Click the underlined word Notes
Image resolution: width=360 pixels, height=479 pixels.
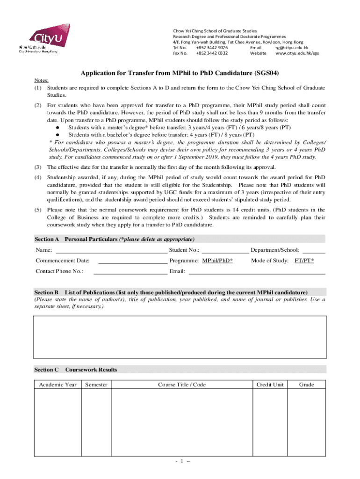click(41, 80)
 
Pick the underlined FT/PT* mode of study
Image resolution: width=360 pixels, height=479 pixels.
click(304, 261)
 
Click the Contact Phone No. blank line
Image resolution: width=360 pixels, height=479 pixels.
click(130, 271)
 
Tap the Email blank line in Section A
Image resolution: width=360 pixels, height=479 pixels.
click(257, 271)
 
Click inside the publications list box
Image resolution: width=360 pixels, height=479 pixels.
click(180, 337)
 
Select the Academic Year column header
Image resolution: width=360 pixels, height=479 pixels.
click(58, 385)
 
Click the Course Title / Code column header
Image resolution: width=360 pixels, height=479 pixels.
click(182, 385)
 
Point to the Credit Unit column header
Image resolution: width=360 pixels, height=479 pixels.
click(270, 385)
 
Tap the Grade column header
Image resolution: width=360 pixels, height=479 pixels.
click(307, 385)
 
